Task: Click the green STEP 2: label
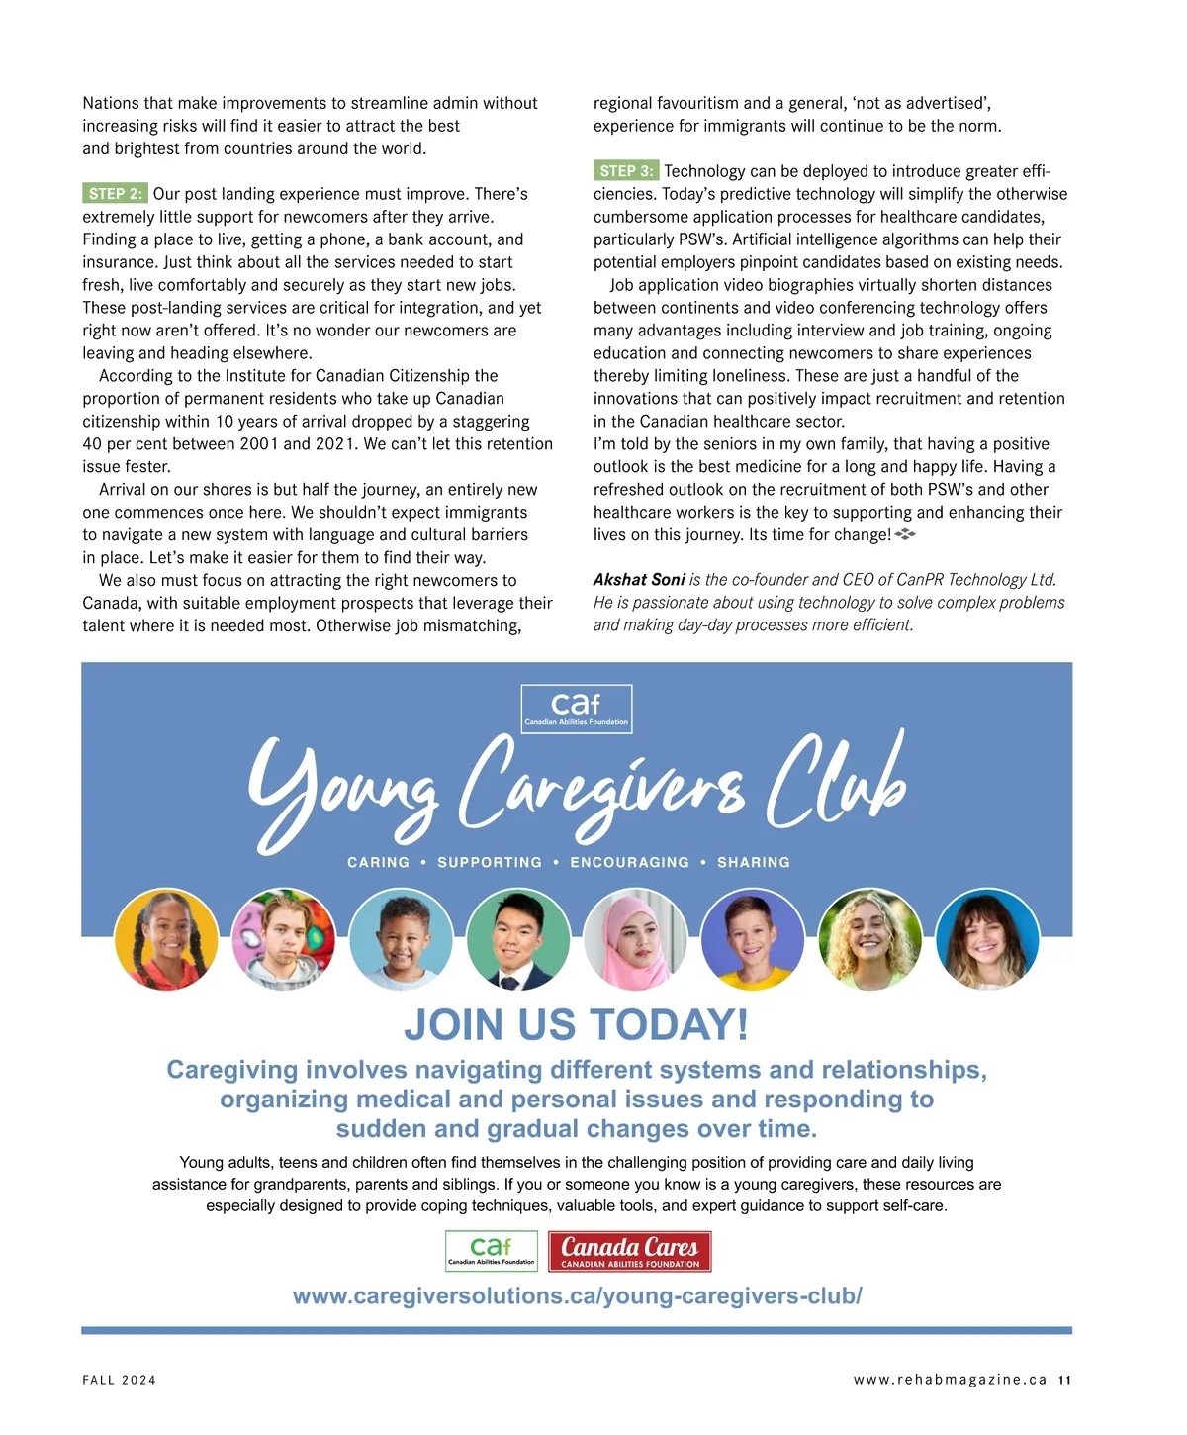point(115,194)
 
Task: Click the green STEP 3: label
point(626,171)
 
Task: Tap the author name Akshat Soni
point(639,580)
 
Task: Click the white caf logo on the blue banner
point(576,709)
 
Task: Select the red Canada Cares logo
point(630,1252)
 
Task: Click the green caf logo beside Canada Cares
point(492,1252)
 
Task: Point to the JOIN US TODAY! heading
point(576,1025)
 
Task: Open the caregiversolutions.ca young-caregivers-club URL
point(577,1296)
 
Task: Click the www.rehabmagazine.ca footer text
point(950,1380)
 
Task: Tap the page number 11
point(1064,1380)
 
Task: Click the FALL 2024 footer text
point(120,1380)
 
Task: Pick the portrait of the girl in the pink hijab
point(634,939)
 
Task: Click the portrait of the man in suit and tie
point(517,939)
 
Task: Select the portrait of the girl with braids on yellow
point(165,939)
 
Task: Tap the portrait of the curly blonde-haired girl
point(869,939)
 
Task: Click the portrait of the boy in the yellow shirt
point(752,939)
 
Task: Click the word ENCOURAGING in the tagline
point(629,863)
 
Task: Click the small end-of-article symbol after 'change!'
point(905,534)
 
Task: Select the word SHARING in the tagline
point(753,863)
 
